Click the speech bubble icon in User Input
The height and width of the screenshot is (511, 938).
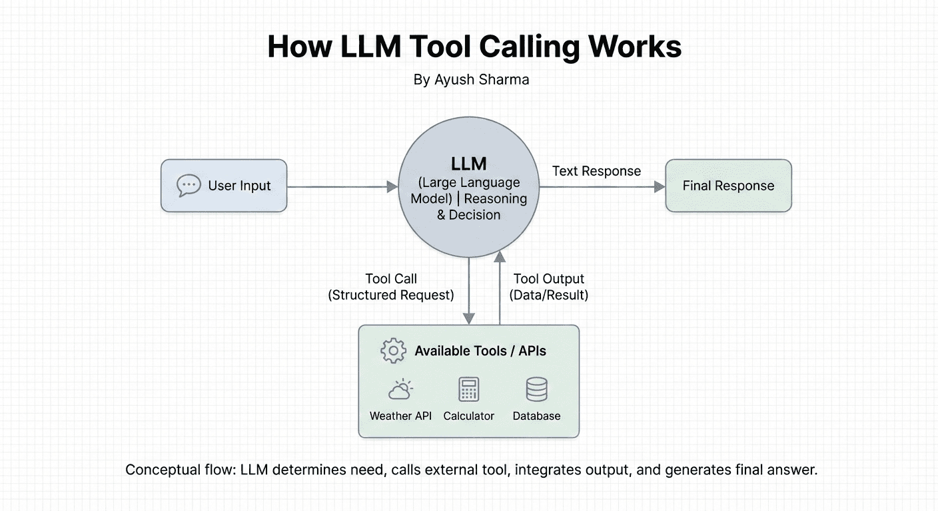tap(189, 186)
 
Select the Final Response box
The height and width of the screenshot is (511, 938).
tap(728, 186)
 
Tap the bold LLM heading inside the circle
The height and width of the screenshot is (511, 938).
tap(468, 163)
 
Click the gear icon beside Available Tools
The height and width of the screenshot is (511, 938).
tap(393, 351)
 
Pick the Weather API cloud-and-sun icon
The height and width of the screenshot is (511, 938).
tap(400, 389)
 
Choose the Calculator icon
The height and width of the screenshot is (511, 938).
tap(469, 389)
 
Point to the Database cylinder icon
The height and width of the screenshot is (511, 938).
tap(536, 389)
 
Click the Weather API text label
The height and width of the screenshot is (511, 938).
tap(400, 416)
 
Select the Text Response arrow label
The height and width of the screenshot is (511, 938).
tap(596, 171)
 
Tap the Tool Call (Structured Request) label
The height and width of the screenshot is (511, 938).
tap(391, 287)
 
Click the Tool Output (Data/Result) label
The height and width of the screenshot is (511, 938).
tap(548, 287)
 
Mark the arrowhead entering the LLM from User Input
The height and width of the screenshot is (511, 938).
tap(392, 188)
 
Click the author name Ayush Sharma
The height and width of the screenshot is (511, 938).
tap(482, 80)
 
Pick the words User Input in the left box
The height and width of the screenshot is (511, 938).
tap(239, 186)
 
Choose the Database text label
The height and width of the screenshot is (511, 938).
tap(536, 416)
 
